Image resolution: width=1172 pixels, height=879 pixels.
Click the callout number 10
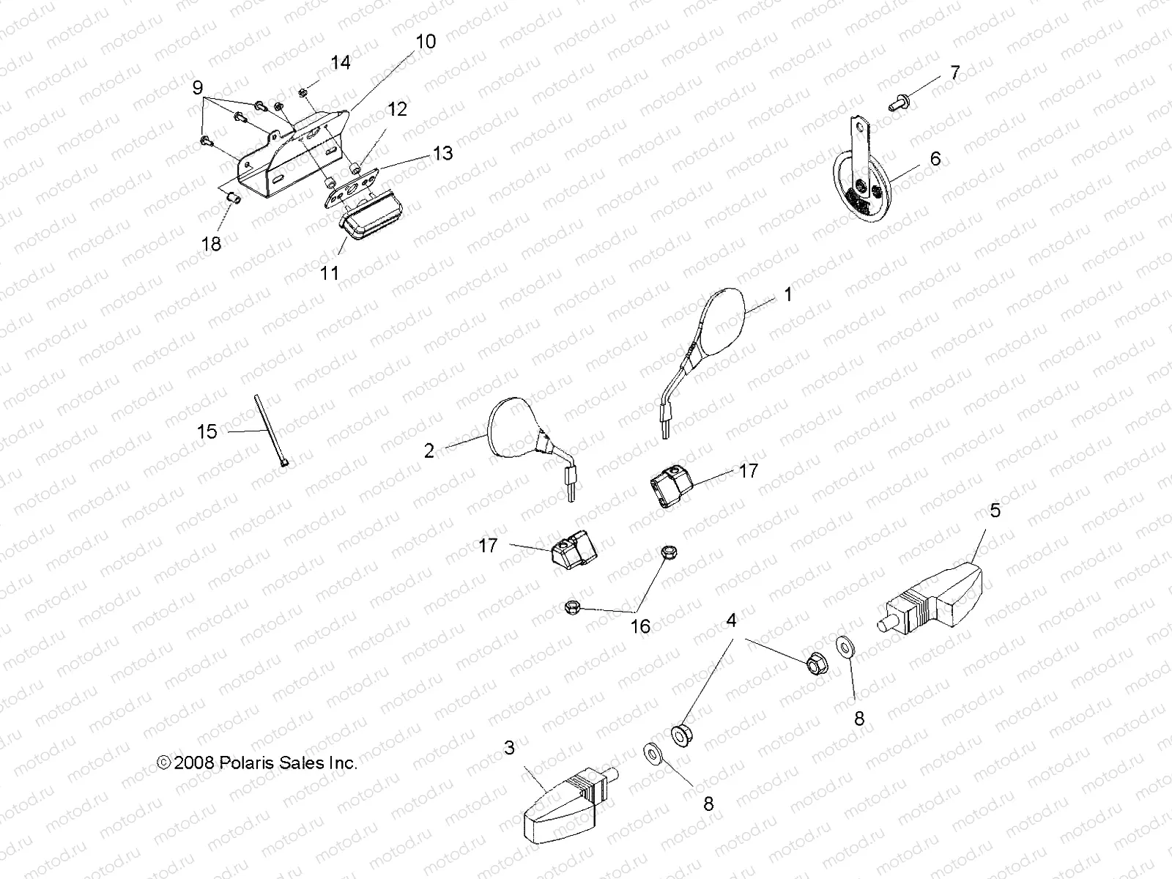(426, 42)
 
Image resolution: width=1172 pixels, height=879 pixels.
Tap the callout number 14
(340, 63)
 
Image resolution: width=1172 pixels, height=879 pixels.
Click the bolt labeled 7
(897, 103)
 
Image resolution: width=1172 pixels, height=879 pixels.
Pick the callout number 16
(640, 626)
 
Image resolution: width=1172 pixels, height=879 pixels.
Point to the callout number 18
(211, 243)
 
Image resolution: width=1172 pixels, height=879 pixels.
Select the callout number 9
(197, 89)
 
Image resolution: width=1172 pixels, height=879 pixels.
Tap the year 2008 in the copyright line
(194, 763)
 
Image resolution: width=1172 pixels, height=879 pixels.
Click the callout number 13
(442, 153)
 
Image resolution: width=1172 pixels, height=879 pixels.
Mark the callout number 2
(429, 450)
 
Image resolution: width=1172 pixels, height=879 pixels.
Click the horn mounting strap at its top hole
(861, 129)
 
